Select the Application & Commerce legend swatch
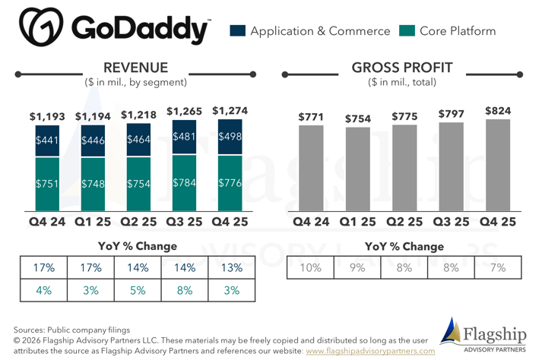[237, 31]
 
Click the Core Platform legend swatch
[407, 31]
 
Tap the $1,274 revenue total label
[230, 111]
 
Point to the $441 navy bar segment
[47, 141]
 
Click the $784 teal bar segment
[184, 183]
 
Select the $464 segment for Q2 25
[138, 140]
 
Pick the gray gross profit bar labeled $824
[498, 164]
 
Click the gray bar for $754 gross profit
[358, 168]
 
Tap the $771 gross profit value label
[311, 117]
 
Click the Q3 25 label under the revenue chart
[184, 222]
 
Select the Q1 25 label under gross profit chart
[358, 222]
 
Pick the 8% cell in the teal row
[185, 290]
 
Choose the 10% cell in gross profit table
[310, 268]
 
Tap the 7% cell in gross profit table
[497, 268]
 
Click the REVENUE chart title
[135, 68]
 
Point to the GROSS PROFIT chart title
[402, 68]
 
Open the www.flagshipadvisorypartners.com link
[370, 351]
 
